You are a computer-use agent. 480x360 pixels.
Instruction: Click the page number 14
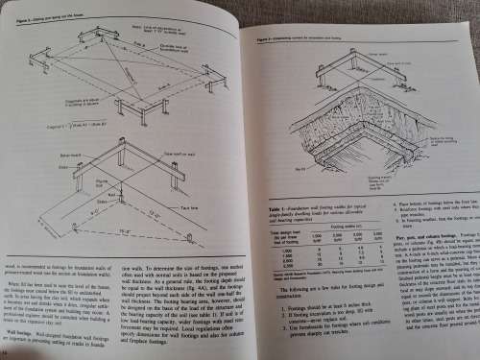pyautogui.click(x=8, y=353)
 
